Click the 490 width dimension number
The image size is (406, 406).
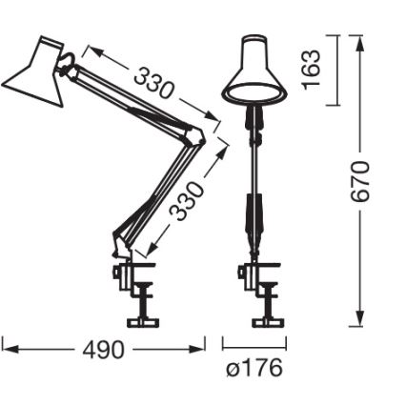point(103,351)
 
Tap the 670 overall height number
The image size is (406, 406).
point(360,181)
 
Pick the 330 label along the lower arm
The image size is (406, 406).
point(189,201)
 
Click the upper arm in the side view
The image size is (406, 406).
point(133,99)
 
